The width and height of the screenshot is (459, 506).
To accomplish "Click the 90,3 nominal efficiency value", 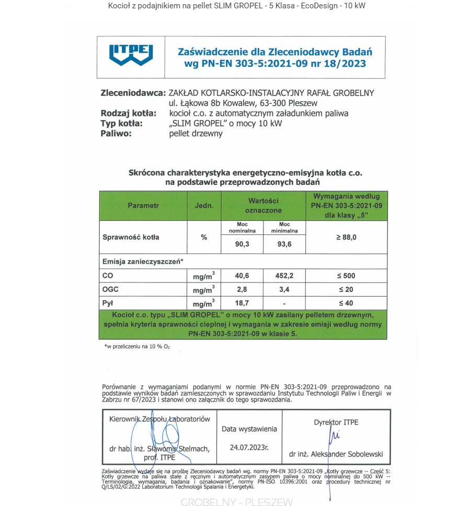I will [243, 244].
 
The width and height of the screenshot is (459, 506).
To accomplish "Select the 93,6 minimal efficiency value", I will [284, 244].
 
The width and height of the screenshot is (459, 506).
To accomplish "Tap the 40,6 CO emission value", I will [243, 276].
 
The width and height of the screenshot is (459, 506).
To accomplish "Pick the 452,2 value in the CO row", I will [284, 276].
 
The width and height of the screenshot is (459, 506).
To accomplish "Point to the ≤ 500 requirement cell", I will [346, 276].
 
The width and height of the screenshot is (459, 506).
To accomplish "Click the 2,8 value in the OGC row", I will [243, 289].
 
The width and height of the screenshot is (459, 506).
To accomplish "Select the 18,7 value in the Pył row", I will [243, 303].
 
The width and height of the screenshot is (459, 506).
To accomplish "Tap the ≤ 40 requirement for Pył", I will [346, 303].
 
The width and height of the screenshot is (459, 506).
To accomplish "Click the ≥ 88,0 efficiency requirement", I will [346, 237].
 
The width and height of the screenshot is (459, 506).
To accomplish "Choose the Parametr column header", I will [143, 206].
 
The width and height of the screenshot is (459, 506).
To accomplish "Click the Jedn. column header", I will [204, 206].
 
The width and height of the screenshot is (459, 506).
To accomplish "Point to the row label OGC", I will [111, 289].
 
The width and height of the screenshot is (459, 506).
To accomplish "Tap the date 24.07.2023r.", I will [249, 448].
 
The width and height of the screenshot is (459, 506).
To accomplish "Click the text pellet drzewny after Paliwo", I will [196, 134].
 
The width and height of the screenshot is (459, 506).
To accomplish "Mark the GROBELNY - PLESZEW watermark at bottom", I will [237, 502].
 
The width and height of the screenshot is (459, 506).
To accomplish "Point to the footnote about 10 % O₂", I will [137, 347].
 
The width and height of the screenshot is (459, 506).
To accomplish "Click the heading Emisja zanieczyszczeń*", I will [143, 261].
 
